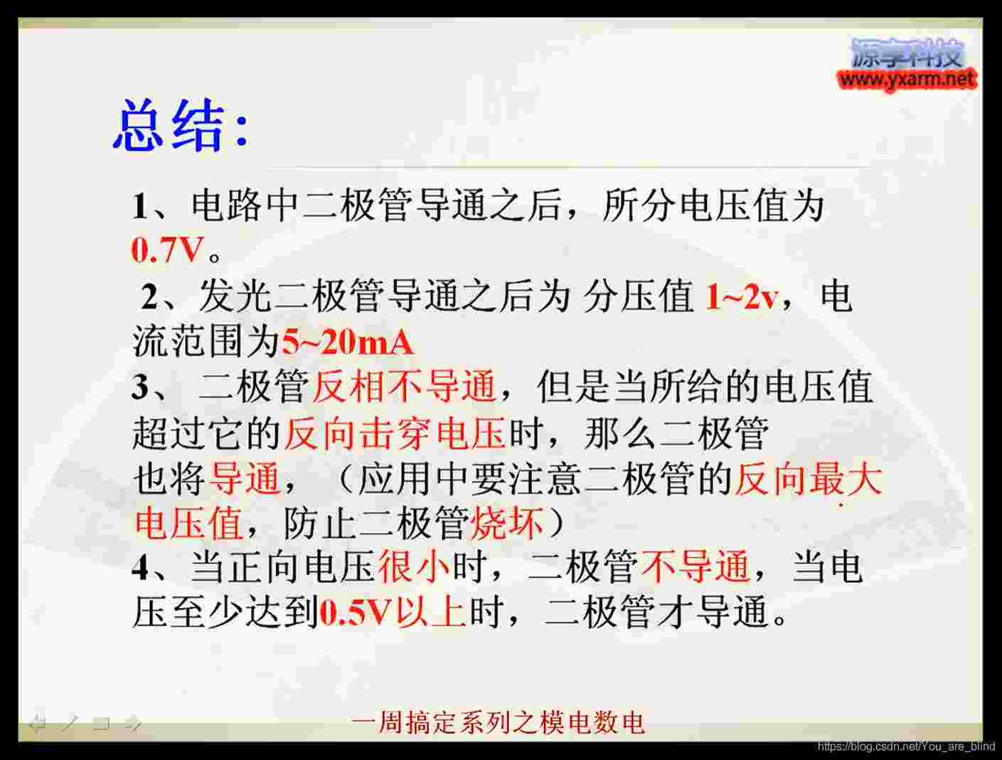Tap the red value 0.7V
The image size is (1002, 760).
166,250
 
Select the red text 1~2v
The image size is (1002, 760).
740,297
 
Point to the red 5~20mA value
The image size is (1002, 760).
348,342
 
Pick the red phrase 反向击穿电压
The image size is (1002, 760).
395,433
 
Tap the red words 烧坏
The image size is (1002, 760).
507,524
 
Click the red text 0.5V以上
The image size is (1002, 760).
393,612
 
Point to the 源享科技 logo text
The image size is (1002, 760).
907,53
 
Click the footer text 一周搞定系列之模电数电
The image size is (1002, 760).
498,723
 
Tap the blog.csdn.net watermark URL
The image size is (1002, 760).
906,746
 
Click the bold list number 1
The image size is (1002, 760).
140,206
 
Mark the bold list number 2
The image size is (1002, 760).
150,297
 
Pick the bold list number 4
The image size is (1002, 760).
140,568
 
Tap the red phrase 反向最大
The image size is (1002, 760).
809,479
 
